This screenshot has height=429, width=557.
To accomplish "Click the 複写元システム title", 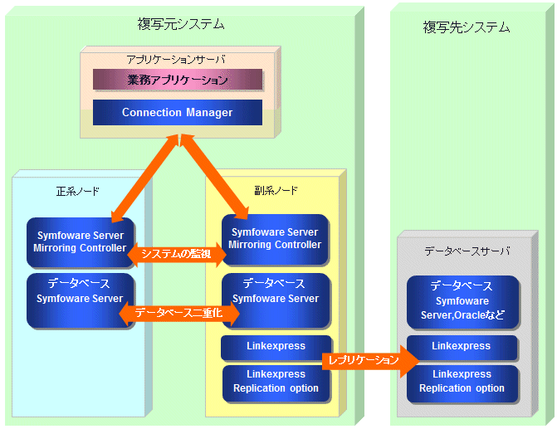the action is coord(181,24).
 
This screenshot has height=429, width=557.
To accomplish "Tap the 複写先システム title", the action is coord(466,27).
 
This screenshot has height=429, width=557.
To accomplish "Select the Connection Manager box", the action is coord(178,112).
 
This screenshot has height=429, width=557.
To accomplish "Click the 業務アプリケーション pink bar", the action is coord(178,79).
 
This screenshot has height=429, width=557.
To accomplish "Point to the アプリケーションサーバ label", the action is coord(176,59).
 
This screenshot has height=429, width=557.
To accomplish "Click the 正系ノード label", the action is coord(78,192).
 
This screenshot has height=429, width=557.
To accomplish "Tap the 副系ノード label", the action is coord(276,191).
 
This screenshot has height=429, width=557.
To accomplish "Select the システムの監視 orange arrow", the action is coord(177,254).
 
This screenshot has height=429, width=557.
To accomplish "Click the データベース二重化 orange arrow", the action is coord(179,313).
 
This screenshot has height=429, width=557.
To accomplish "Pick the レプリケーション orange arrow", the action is coord(370,360).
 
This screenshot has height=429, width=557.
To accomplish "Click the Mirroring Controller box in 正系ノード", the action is coord(81,242).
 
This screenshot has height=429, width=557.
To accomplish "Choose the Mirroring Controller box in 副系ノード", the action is coord(275,239).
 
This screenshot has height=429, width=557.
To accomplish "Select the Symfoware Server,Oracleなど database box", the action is coord(462,302).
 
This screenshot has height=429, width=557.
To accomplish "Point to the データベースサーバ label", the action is coord(467,251).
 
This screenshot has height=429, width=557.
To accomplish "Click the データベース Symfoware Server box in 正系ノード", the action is coord(81,300).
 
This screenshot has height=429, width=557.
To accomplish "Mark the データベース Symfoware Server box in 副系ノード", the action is coord(276,300).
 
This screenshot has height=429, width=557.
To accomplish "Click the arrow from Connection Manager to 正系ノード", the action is coord(145,178).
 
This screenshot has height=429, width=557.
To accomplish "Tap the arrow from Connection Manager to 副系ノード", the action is coord(214,177).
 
